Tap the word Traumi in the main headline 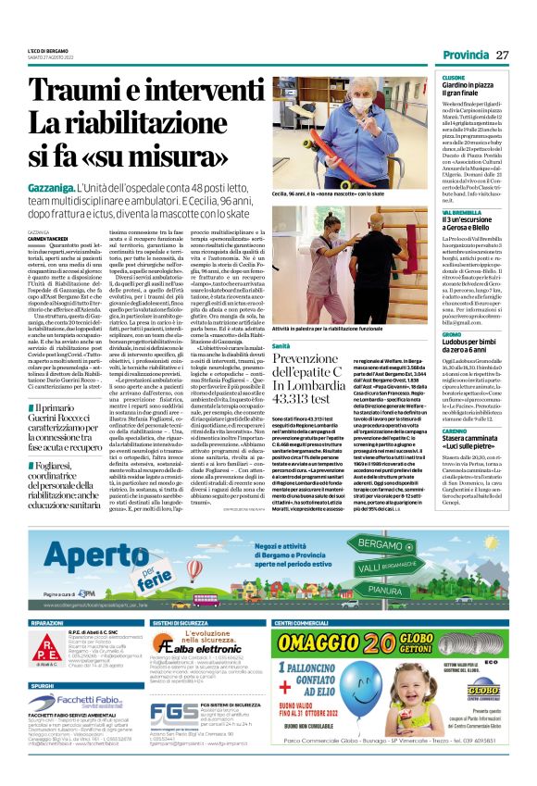point(73,92)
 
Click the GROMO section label point(451,333)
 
